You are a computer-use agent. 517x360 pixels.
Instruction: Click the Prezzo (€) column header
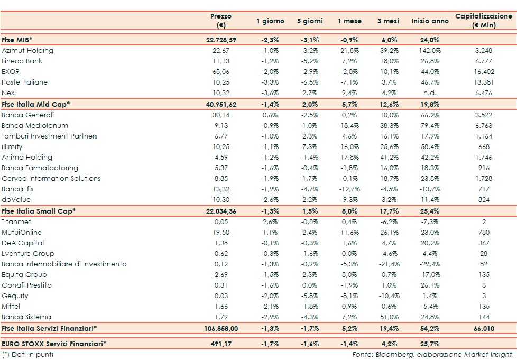[220, 21]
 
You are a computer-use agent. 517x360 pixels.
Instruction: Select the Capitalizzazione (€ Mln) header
[483, 21]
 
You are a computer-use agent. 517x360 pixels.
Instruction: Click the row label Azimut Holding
[27, 51]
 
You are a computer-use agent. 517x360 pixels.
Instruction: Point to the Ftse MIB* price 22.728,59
[221, 40]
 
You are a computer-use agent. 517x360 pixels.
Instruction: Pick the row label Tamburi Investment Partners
[50, 136]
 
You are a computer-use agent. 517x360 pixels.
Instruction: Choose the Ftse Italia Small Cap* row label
[39, 211]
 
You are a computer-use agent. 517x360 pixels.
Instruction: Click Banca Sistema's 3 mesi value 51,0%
[392, 317]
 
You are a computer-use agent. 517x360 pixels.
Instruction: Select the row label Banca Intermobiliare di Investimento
[64, 264]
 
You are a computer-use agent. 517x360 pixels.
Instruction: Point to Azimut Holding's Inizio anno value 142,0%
[430, 51]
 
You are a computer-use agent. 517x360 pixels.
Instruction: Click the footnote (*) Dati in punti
[27, 354]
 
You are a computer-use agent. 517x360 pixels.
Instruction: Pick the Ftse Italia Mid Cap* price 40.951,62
[220, 104]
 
